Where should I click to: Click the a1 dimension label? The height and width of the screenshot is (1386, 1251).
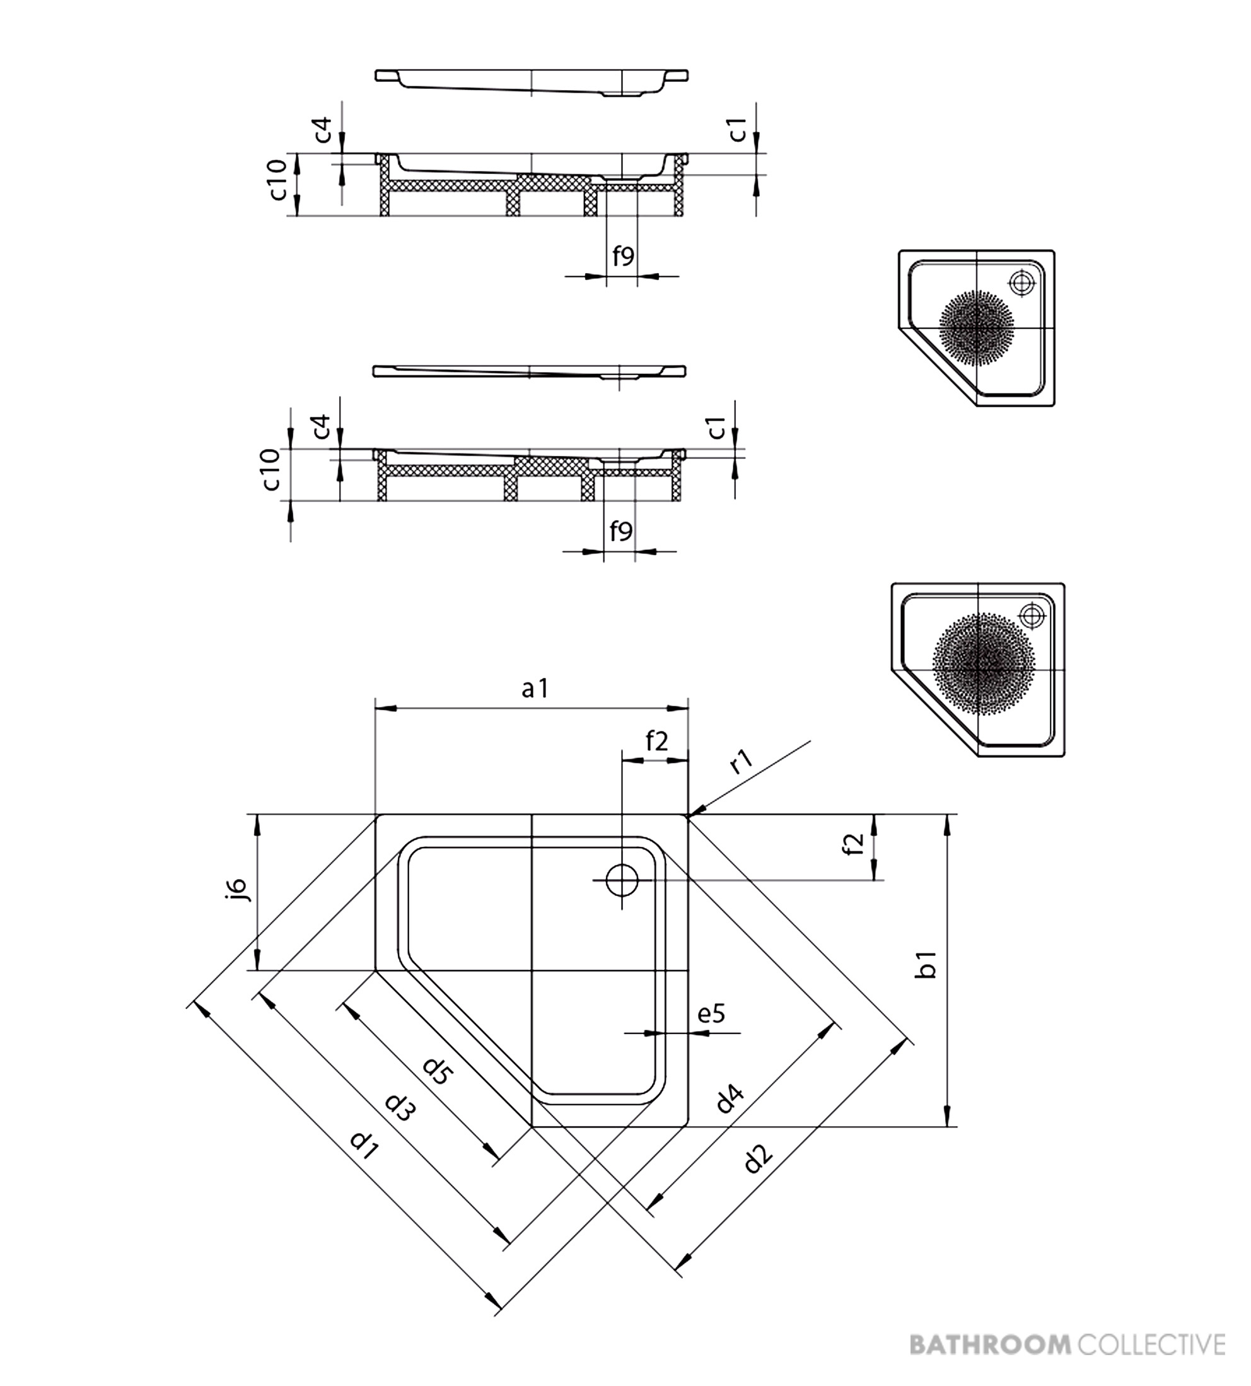[x=534, y=688]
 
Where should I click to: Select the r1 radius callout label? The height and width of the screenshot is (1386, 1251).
[x=742, y=762]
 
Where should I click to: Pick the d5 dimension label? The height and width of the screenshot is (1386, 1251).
[x=437, y=1071]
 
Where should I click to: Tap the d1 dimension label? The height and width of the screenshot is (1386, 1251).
[x=364, y=1144]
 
